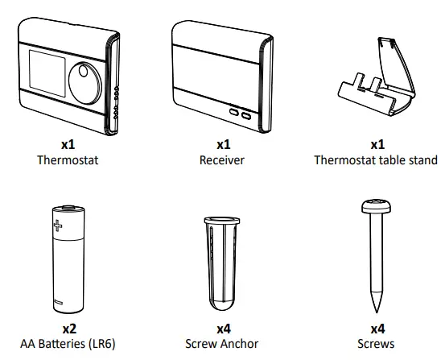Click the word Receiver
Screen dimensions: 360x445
pos(222,160)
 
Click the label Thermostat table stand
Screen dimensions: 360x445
pos(376,160)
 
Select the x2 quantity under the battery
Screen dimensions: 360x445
pos(68,329)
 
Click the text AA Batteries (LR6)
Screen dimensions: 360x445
pos(68,344)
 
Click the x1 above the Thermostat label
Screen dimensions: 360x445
pos(68,145)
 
